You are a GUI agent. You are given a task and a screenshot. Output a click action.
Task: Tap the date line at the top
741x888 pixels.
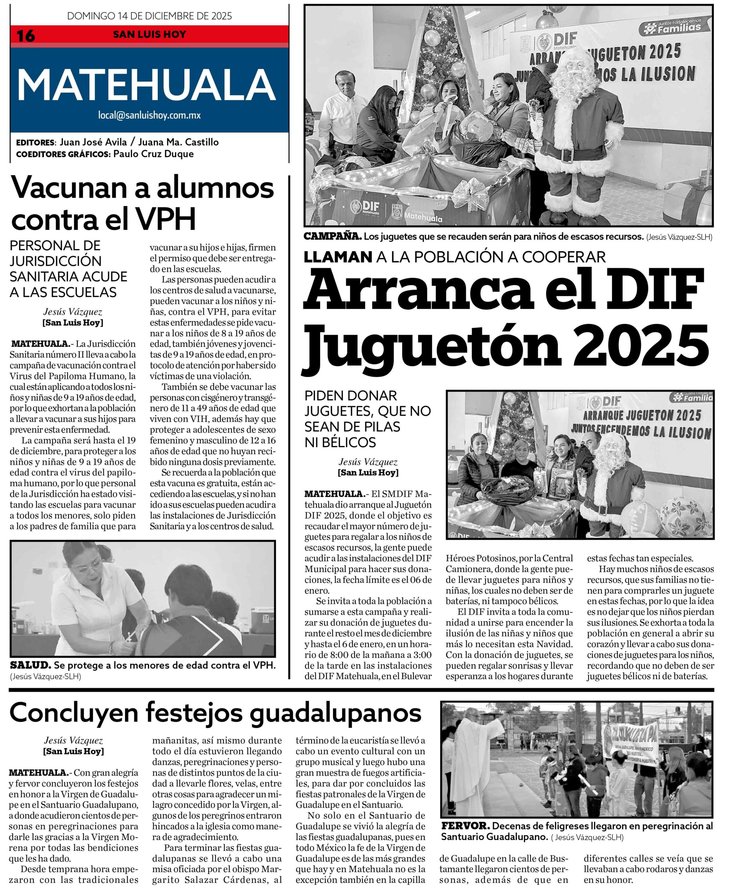click(150, 16)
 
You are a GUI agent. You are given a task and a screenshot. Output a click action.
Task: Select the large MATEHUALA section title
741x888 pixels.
click(146, 85)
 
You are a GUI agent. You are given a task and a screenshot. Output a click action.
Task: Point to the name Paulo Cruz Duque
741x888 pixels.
click(153, 154)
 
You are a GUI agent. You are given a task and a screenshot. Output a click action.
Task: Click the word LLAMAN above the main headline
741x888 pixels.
click(338, 257)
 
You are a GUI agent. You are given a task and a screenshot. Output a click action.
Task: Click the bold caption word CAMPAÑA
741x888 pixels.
click(332, 237)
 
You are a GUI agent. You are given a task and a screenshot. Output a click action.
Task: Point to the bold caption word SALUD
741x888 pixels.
click(30, 666)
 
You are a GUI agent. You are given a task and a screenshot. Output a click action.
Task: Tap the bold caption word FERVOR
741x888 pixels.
click(465, 826)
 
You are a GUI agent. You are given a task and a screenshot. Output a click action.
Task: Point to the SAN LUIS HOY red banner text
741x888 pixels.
click(150, 35)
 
